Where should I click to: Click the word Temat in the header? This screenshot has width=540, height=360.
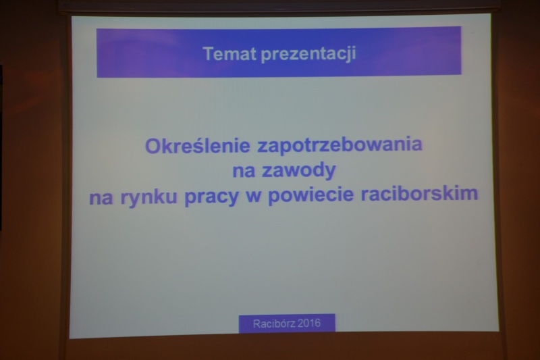[x=230, y=54]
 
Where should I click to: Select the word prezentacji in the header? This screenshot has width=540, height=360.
[x=308, y=55]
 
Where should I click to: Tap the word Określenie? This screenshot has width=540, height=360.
[x=197, y=145]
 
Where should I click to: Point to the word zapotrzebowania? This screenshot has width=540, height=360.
[x=340, y=145]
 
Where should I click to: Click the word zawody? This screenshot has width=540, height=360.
[x=298, y=170]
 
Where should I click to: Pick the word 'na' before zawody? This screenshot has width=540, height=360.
[x=244, y=171]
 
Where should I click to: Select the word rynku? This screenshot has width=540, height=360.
[x=148, y=197]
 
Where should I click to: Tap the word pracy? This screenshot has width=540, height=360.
[x=211, y=197]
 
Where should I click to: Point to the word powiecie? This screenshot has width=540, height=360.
[x=310, y=195]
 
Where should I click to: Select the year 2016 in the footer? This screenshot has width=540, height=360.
[x=309, y=323]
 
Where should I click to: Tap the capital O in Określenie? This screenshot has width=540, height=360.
[x=153, y=146]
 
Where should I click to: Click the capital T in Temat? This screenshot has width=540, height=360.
[x=209, y=54]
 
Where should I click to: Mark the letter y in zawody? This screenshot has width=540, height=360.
[x=329, y=173]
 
